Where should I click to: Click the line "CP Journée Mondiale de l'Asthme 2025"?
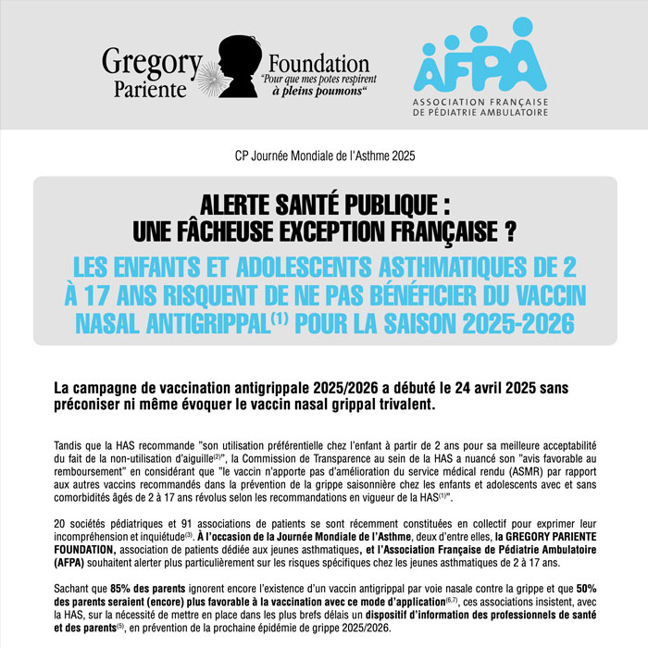(323, 156)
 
